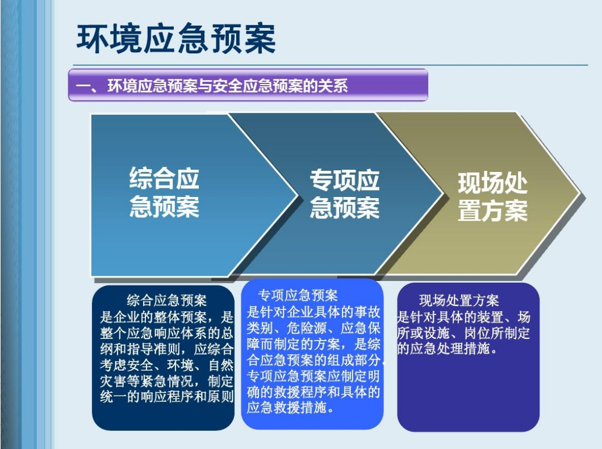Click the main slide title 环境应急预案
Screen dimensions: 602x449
click(x=176, y=39)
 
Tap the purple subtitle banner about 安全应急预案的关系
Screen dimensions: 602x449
click(x=248, y=85)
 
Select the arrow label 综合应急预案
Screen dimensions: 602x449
click(x=164, y=192)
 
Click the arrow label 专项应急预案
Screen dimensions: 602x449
click(x=344, y=195)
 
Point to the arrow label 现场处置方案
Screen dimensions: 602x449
click(x=492, y=197)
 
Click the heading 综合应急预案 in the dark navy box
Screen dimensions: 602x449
click(x=166, y=300)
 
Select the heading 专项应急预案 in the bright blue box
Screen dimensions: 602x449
click(x=298, y=295)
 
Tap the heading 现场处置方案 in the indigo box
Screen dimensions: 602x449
click(x=459, y=300)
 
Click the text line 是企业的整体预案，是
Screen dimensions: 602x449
click(x=166, y=317)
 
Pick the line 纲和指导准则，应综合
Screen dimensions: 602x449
click(x=166, y=349)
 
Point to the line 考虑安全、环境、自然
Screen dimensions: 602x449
click(x=166, y=365)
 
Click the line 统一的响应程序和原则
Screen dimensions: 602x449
click(x=166, y=396)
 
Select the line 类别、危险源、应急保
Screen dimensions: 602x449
click(x=313, y=328)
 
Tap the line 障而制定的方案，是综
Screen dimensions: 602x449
click(x=313, y=344)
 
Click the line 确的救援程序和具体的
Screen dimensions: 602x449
click(x=313, y=392)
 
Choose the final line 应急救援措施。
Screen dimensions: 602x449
click(x=291, y=407)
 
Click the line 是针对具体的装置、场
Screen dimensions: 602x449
click(x=463, y=317)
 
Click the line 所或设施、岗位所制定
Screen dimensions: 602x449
click(x=463, y=333)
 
